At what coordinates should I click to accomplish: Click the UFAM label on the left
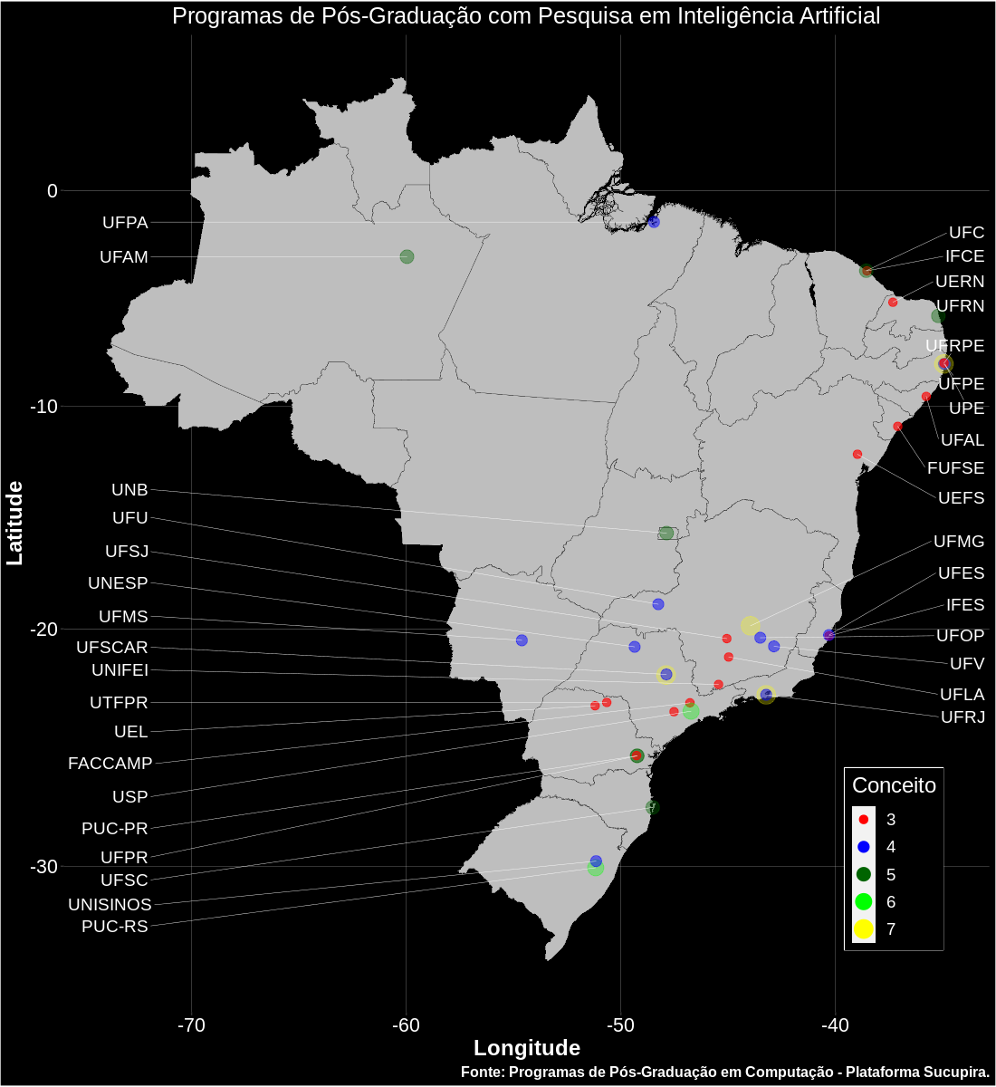click(123, 257)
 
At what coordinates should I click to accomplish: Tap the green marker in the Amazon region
click(407, 256)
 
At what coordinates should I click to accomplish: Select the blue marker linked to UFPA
click(654, 222)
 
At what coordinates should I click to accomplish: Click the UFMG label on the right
click(958, 542)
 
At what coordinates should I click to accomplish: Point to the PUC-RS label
click(114, 927)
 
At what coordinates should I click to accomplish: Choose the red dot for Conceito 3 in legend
click(864, 820)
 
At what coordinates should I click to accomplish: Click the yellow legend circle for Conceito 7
click(864, 929)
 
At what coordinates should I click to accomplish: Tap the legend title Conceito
click(894, 785)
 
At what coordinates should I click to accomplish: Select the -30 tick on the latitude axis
click(43, 867)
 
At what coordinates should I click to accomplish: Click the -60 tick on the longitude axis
click(406, 1025)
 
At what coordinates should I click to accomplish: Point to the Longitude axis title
click(527, 1048)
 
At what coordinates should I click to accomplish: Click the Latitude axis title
click(15, 524)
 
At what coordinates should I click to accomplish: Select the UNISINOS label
click(110, 904)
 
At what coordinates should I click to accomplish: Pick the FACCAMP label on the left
click(110, 764)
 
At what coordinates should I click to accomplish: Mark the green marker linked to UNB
click(666, 533)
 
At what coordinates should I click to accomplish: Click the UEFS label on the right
click(961, 498)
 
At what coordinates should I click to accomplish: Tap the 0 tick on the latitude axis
click(53, 190)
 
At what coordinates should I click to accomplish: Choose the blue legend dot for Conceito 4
click(864, 847)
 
